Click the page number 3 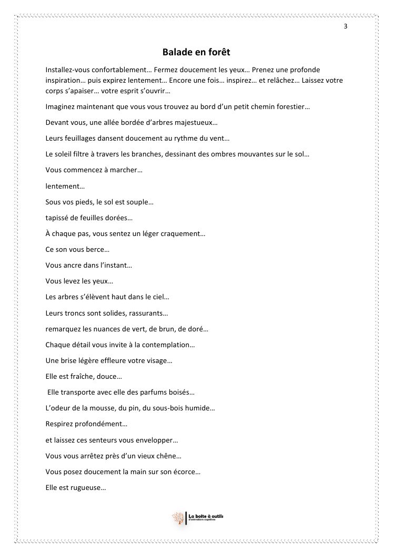coord(346,26)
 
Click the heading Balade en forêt coord(196,52)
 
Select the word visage coord(158,361)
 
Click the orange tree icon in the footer coord(178,518)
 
